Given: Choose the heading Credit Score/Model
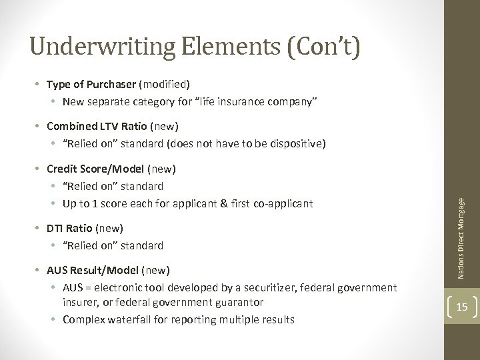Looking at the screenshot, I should [89, 169].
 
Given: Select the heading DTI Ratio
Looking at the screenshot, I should [65, 228].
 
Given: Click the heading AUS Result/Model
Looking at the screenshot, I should [89, 271].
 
